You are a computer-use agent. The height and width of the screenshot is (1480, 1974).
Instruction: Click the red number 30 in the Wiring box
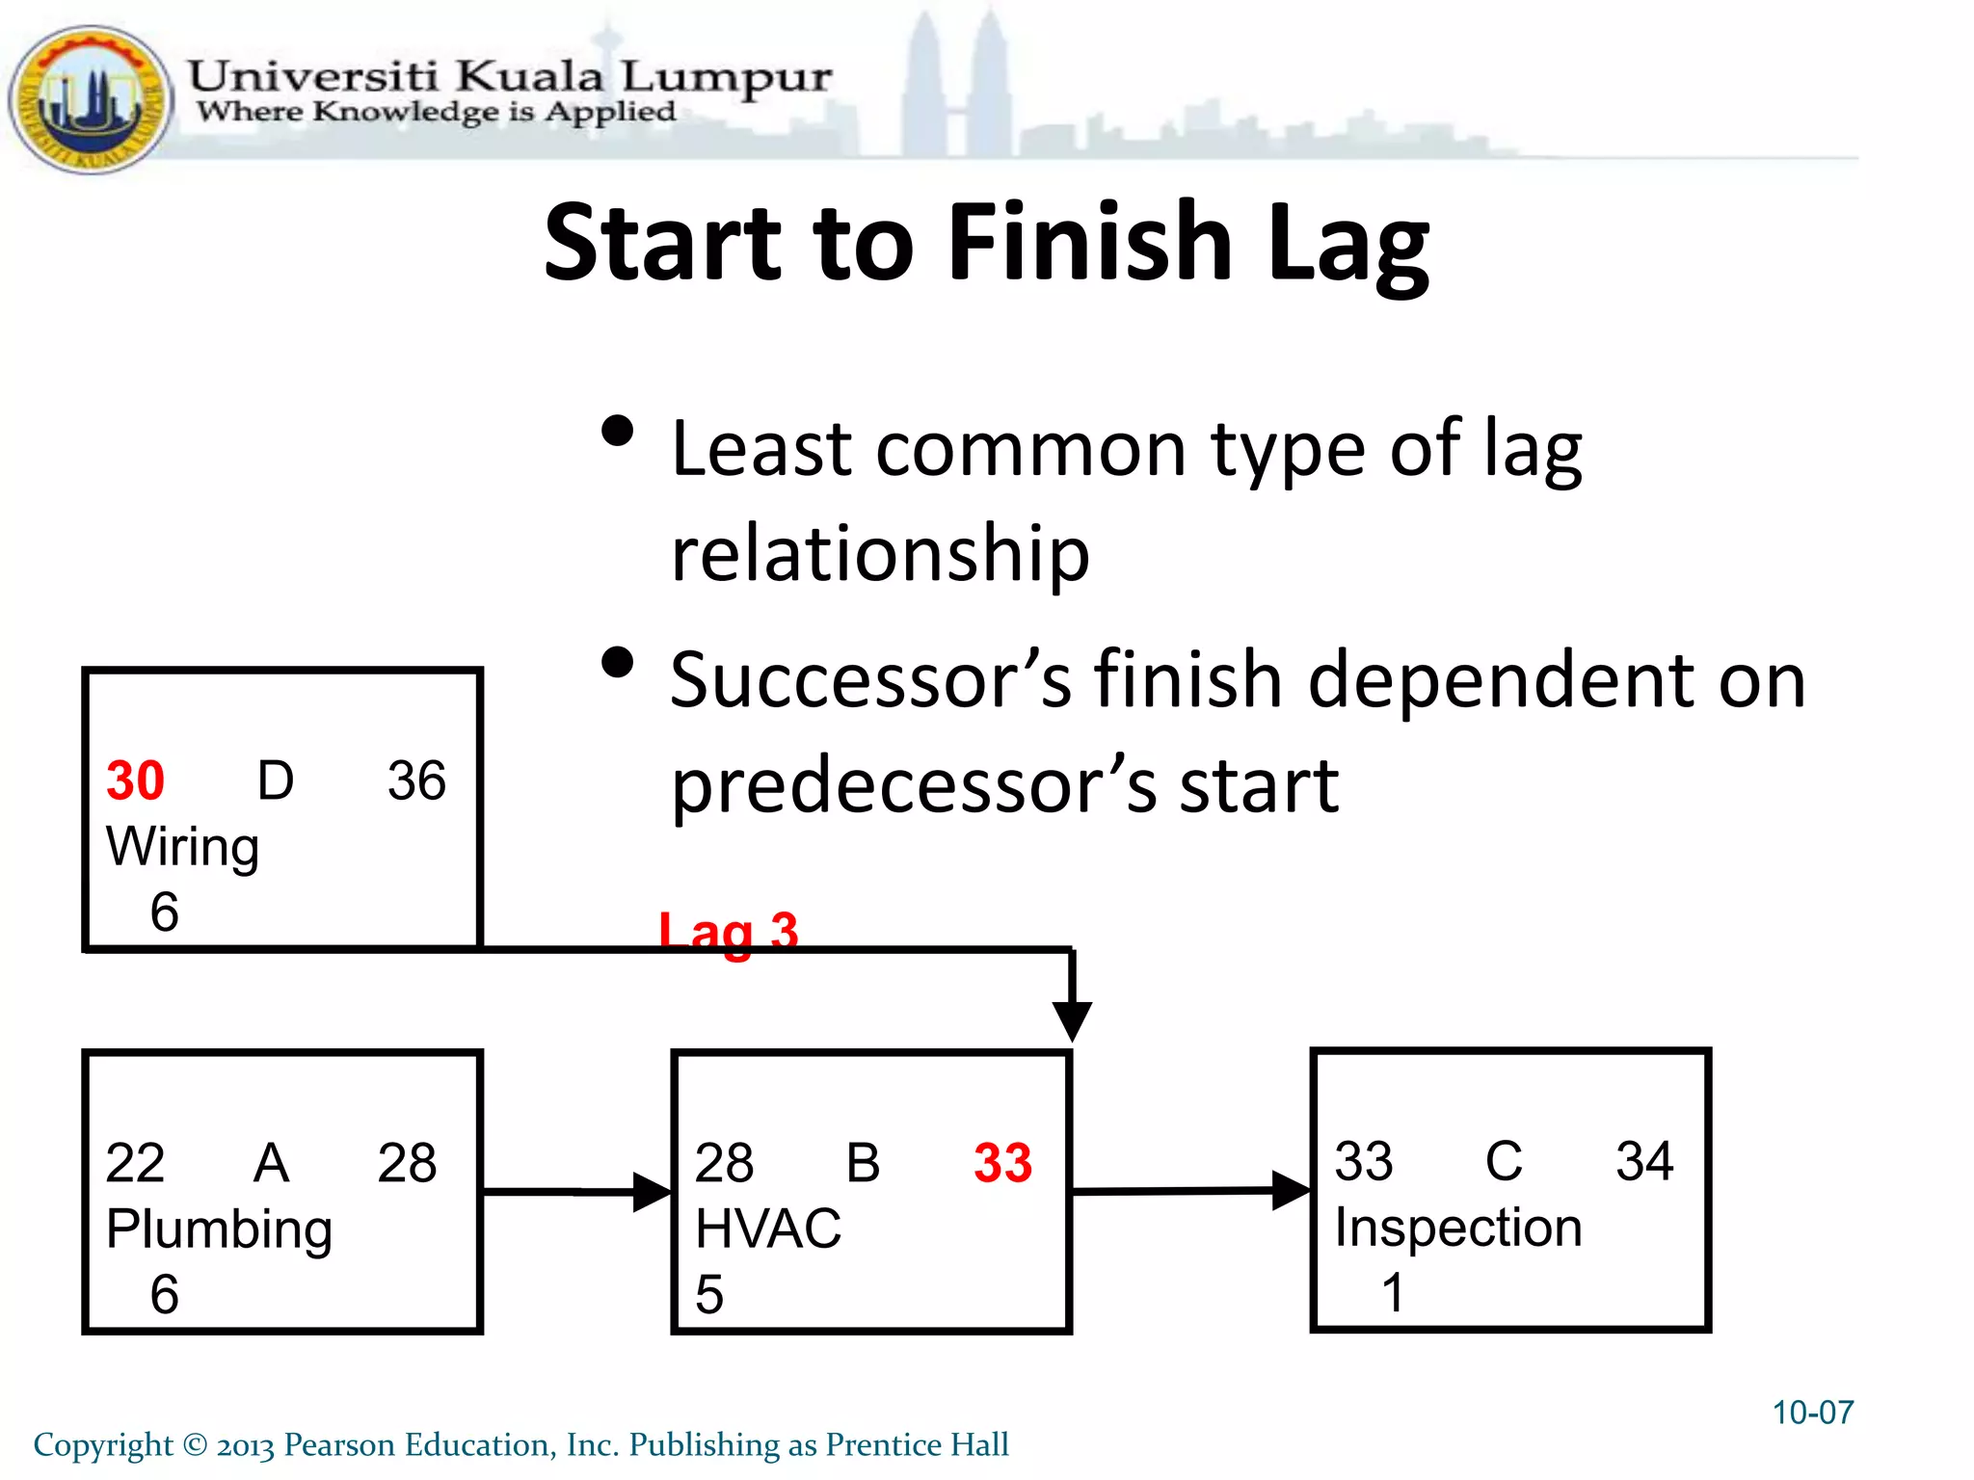tap(135, 780)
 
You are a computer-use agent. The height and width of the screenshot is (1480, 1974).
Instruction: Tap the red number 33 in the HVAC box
tap(1002, 1163)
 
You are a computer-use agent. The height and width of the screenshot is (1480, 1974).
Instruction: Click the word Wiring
tap(182, 848)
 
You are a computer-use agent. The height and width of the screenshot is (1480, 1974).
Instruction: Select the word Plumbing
tap(219, 1230)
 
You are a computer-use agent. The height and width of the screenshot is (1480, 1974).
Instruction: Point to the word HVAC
tap(768, 1229)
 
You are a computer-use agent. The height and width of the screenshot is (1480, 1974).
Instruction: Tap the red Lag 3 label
tap(729, 932)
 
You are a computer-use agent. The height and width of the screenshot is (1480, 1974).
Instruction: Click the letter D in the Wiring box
tap(276, 780)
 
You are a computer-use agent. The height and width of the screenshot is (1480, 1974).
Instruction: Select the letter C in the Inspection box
tap(1504, 1161)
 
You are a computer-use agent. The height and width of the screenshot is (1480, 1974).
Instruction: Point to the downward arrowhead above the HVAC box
tap(1072, 1019)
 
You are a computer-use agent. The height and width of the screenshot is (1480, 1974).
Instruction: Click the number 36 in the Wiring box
tap(416, 780)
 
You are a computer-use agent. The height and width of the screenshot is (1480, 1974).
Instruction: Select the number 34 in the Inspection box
tap(1644, 1161)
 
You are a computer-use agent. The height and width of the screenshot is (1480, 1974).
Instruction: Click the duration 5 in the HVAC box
tap(709, 1294)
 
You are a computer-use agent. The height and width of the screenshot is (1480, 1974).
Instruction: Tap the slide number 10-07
tap(1812, 1413)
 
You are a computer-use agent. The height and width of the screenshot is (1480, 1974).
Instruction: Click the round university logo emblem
tap(90, 99)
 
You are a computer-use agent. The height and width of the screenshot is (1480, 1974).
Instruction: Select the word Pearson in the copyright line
tap(339, 1444)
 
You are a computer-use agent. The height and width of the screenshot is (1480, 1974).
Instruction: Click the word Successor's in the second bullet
tap(870, 680)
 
